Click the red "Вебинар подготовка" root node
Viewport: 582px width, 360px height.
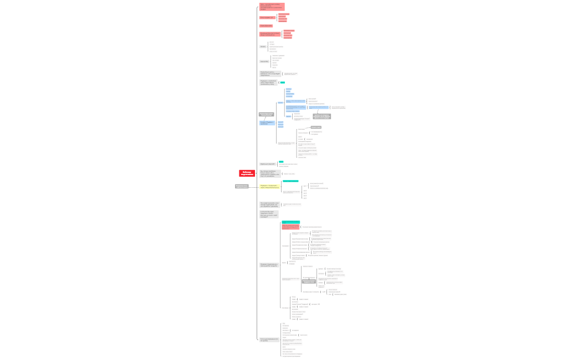(247, 173)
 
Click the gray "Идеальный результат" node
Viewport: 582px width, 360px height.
(268, 164)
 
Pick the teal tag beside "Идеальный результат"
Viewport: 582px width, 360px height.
(281, 162)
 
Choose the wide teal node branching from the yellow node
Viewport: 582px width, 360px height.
(290, 181)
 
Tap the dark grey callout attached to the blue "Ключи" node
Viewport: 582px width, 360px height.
(266, 115)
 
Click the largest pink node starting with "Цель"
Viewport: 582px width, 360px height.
(272, 7)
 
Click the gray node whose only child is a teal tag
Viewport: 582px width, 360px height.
(268, 83)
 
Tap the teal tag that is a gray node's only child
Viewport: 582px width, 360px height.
(282, 83)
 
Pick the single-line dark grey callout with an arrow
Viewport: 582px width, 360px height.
(316, 127)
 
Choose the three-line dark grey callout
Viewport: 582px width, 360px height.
(321, 116)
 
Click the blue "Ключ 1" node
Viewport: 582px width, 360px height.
(280, 103)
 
